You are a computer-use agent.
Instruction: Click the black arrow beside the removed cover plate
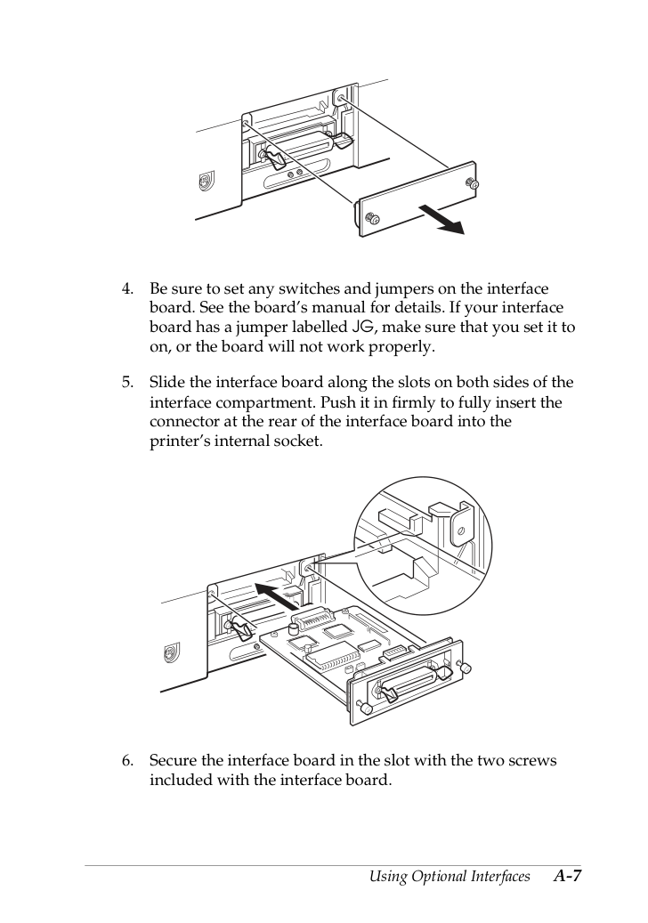[441, 219]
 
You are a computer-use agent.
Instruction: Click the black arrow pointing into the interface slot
[277, 595]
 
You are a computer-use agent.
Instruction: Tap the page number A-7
[567, 876]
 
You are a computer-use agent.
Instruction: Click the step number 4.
[127, 289]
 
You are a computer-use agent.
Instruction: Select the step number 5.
[127, 383]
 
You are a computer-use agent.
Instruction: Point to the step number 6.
[127, 760]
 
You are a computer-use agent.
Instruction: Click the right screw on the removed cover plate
[471, 184]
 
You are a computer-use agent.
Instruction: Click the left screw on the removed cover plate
[373, 218]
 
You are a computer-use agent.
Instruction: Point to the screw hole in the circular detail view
[460, 530]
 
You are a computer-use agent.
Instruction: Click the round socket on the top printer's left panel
[205, 182]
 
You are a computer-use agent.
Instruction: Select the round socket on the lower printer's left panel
[169, 652]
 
